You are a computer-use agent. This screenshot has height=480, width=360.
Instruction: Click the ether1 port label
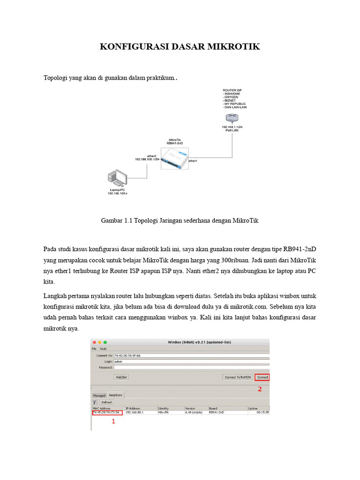193,160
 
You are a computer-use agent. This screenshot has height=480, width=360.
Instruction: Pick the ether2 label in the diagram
151,156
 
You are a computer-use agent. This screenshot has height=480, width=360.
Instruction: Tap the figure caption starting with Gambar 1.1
180,220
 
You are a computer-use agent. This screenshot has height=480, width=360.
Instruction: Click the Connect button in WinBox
262,377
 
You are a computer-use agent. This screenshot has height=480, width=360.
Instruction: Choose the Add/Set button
121,377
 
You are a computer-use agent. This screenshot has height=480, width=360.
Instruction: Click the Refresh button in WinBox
106,402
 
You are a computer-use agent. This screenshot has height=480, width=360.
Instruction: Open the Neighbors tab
116,395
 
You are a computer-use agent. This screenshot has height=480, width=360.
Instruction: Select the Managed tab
99,395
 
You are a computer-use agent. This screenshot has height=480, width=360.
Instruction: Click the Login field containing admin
187,362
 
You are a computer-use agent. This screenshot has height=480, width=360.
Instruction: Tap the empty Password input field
187,368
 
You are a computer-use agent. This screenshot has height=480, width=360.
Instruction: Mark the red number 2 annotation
259,389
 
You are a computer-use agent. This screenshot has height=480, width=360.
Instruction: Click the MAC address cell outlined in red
106,413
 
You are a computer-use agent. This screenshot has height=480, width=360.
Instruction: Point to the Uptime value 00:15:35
262,413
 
